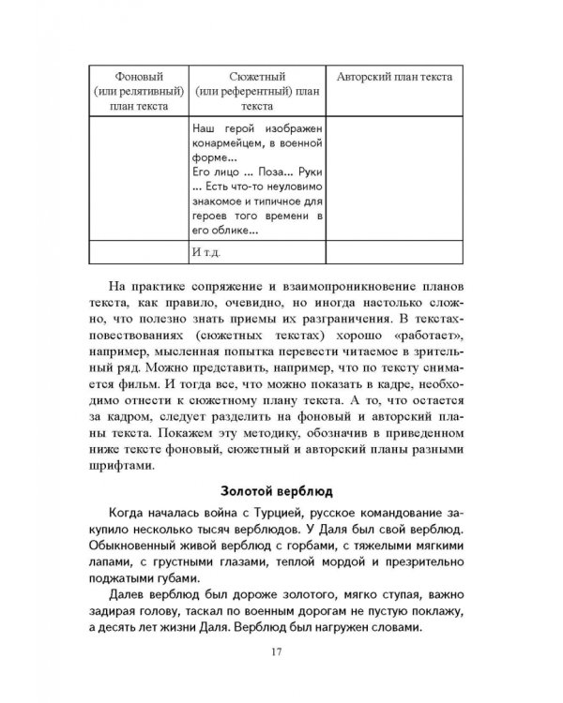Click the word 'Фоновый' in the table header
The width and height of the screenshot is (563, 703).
(138, 76)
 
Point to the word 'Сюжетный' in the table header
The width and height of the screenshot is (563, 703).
(256, 76)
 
